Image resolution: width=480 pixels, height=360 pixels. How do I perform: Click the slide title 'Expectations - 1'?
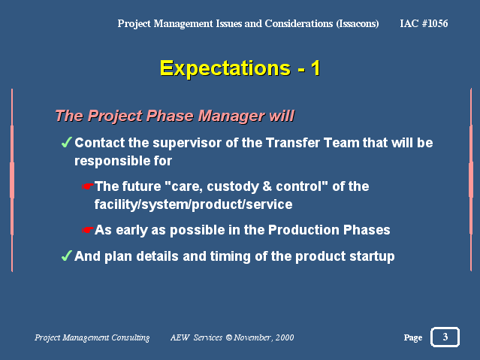pyautogui.click(x=240, y=68)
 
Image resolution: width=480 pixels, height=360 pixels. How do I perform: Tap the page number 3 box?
pyautogui.click(x=445, y=337)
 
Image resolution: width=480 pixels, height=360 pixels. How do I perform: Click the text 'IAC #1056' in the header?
pyautogui.click(x=424, y=23)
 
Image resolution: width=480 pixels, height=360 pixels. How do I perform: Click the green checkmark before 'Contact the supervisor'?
pyautogui.click(x=66, y=142)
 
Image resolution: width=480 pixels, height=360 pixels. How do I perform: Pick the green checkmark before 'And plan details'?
pyautogui.click(x=66, y=256)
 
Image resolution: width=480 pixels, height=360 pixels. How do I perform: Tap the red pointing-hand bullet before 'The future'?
pyautogui.click(x=88, y=186)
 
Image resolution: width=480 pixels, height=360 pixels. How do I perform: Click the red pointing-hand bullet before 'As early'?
pyautogui.click(x=88, y=229)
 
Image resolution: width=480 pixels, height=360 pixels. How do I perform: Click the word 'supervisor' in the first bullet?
pyautogui.click(x=187, y=143)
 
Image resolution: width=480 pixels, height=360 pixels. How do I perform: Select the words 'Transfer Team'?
pyautogui.click(x=312, y=143)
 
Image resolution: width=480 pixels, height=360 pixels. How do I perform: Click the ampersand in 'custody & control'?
pyautogui.click(x=267, y=186)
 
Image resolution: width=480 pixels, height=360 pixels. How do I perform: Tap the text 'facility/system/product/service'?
pyautogui.click(x=194, y=204)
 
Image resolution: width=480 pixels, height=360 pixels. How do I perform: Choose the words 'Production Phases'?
pyautogui.click(x=329, y=230)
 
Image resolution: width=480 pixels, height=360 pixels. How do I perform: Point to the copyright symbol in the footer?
pyautogui.click(x=228, y=337)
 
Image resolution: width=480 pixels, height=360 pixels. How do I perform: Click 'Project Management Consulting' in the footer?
pyautogui.click(x=92, y=337)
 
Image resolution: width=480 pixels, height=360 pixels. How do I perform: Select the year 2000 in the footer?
pyautogui.click(x=285, y=337)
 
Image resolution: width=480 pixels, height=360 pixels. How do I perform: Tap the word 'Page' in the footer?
pyautogui.click(x=413, y=337)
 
